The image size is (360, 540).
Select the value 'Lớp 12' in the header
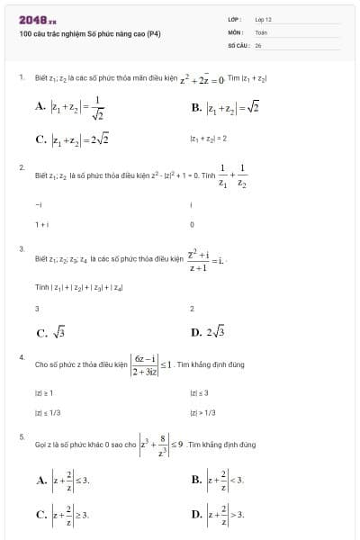263,19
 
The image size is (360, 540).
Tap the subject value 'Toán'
261,31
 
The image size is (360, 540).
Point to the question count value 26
258,43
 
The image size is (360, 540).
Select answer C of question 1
72,139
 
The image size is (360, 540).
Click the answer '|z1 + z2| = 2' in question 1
208,139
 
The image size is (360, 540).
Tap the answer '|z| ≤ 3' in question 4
200,393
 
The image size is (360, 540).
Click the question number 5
21,436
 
